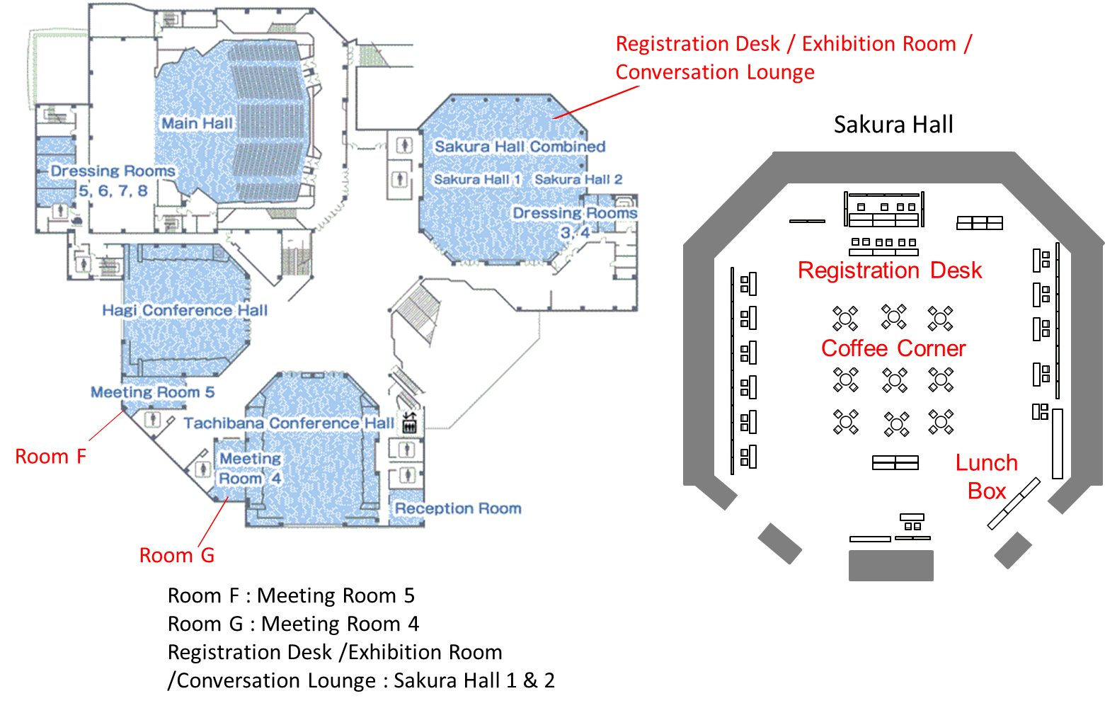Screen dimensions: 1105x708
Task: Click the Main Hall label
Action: [x=197, y=123]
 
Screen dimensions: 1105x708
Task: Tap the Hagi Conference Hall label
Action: [x=185, y=310]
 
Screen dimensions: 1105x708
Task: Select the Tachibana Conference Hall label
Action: [x=289, y=423]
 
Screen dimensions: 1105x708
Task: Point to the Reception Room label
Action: [x=458, y=508]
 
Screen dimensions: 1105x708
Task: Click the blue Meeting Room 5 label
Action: [x=152, y=392]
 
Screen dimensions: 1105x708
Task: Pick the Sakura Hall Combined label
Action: [x=520, y=147]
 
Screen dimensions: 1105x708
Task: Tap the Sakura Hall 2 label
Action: [x=578, y=180]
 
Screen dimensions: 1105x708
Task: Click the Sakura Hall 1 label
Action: [x=477, y=180]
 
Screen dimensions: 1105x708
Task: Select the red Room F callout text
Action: [x=51, y=457]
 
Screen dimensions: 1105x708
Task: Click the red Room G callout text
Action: [x=176, y=556]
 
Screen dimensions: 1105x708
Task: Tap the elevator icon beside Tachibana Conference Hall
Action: [x=409, y=423]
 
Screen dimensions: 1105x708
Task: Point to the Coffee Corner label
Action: [x=893, y=349]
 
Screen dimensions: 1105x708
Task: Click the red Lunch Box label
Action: [x=987, y=477]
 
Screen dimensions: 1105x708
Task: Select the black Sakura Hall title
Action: [x=893, y=125]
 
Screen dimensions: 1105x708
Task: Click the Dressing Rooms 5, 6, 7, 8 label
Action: [x=113, y=181]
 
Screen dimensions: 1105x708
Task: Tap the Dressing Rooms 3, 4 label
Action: [x=576, y=222]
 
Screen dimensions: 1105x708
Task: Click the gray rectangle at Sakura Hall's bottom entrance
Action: [x=891, y=566]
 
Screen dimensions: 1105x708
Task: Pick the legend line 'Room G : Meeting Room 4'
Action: [x=294, y=624]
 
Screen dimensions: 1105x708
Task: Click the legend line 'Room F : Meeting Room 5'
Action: [x=291, y=596]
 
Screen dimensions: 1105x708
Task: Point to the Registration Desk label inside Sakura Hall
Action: [x=890, y=270]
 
